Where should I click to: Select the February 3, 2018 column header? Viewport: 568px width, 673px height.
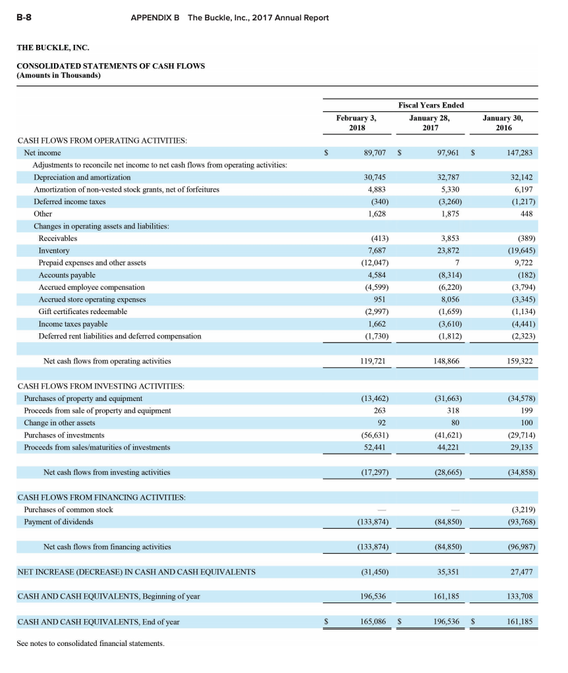(x=356, y=123)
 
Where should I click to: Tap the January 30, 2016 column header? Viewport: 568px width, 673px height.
(x=503, y=123)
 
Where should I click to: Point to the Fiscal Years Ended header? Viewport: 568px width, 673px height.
(x=431, y=105)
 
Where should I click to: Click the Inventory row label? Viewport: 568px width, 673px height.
(x=54, y=251)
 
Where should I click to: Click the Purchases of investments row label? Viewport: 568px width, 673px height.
(x=64, y=435)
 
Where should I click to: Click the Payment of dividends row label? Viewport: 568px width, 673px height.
(x=59, y=522)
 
